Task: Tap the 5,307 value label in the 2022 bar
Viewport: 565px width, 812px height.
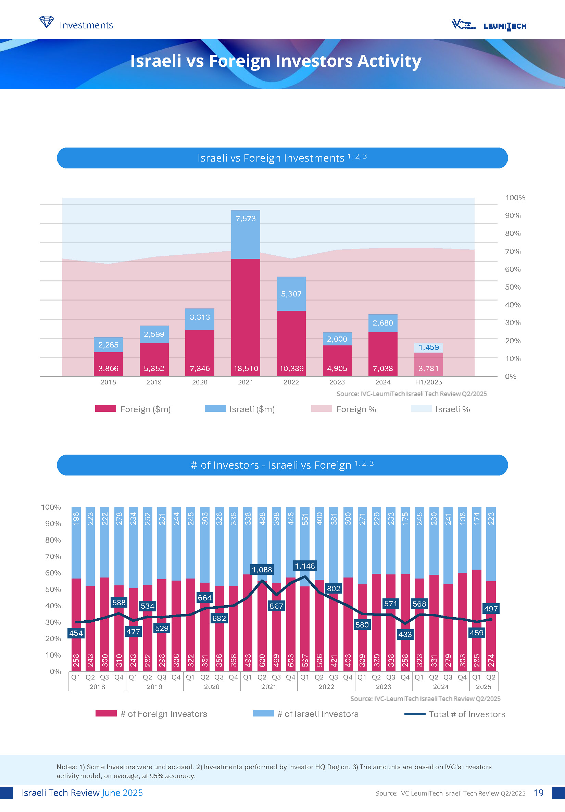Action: point(291,294)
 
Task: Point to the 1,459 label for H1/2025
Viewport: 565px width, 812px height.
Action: point(428,347)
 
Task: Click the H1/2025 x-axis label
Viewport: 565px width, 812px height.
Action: point(428,382)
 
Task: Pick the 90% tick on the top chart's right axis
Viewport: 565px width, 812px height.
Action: point(513,216)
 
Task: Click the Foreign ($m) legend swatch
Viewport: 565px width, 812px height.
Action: point(105,409)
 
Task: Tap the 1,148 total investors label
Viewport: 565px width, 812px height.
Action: point(305,566)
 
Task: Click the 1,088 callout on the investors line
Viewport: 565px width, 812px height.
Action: point(262,569)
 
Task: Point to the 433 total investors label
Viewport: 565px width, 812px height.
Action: point(405,634)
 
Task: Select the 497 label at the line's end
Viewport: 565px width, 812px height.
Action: point(491,609)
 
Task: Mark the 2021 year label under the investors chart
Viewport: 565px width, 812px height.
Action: point(268,687)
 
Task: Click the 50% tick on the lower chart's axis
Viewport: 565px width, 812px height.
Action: point(53,589)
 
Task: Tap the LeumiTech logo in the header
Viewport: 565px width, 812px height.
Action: point(505,26)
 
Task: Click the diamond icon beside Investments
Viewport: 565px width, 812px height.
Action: point(46,22)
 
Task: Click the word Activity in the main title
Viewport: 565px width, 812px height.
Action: point(389,61)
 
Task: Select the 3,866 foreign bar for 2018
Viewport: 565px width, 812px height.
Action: point(108,364)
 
